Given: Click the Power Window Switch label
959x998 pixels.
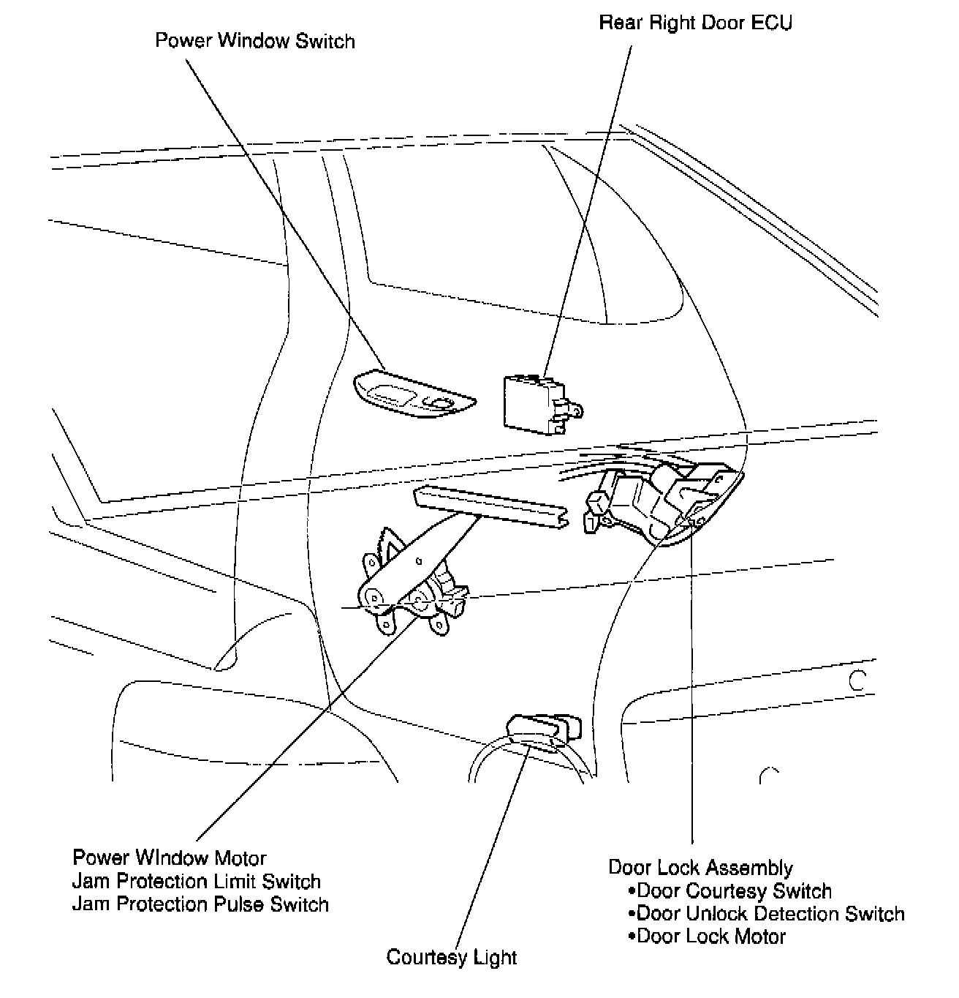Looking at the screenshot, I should (254, 41).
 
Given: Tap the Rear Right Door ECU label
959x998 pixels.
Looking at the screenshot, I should (695, 23).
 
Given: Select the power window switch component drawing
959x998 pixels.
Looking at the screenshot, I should (413, 396).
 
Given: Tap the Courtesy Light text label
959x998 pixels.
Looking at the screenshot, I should (451, 958).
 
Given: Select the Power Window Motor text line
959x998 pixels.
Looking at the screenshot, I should (170, 858).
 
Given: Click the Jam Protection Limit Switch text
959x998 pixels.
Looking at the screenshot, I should (196, 881).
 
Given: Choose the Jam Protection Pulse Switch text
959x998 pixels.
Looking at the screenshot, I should (200, 904).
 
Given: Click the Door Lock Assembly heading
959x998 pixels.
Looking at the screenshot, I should (700, 868).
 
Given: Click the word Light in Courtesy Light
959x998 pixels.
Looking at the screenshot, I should (495, 958).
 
